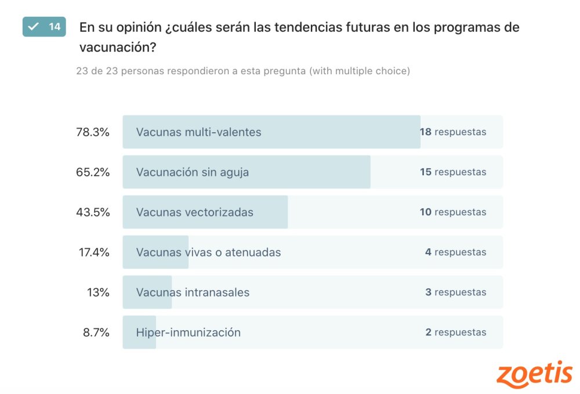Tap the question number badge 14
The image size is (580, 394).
click(44, 27)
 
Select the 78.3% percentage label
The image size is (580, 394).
click(93, 132)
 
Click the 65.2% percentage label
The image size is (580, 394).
click(93, 172)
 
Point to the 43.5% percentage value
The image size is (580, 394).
click(93, 212)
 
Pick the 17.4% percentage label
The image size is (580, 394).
click(94, 252)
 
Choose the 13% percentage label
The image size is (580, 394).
click(98, 292)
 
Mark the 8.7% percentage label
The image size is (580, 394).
click(96, 332)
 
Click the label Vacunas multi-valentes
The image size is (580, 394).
click(198, 132)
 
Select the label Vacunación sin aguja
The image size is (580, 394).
click(193, 172)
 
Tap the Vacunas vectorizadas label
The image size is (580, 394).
click(194, 212)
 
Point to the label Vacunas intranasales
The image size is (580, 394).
click(193, 292)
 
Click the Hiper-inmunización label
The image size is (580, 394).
click(188, 332)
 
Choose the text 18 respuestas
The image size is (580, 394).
click(453, 132)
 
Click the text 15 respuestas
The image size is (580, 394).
click(453, 172)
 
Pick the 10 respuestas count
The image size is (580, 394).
click(453, 212)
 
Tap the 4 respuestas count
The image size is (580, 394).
click(455, 252)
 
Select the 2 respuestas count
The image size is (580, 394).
click(455, 332)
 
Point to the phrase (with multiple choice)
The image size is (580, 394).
click(360, 71)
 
